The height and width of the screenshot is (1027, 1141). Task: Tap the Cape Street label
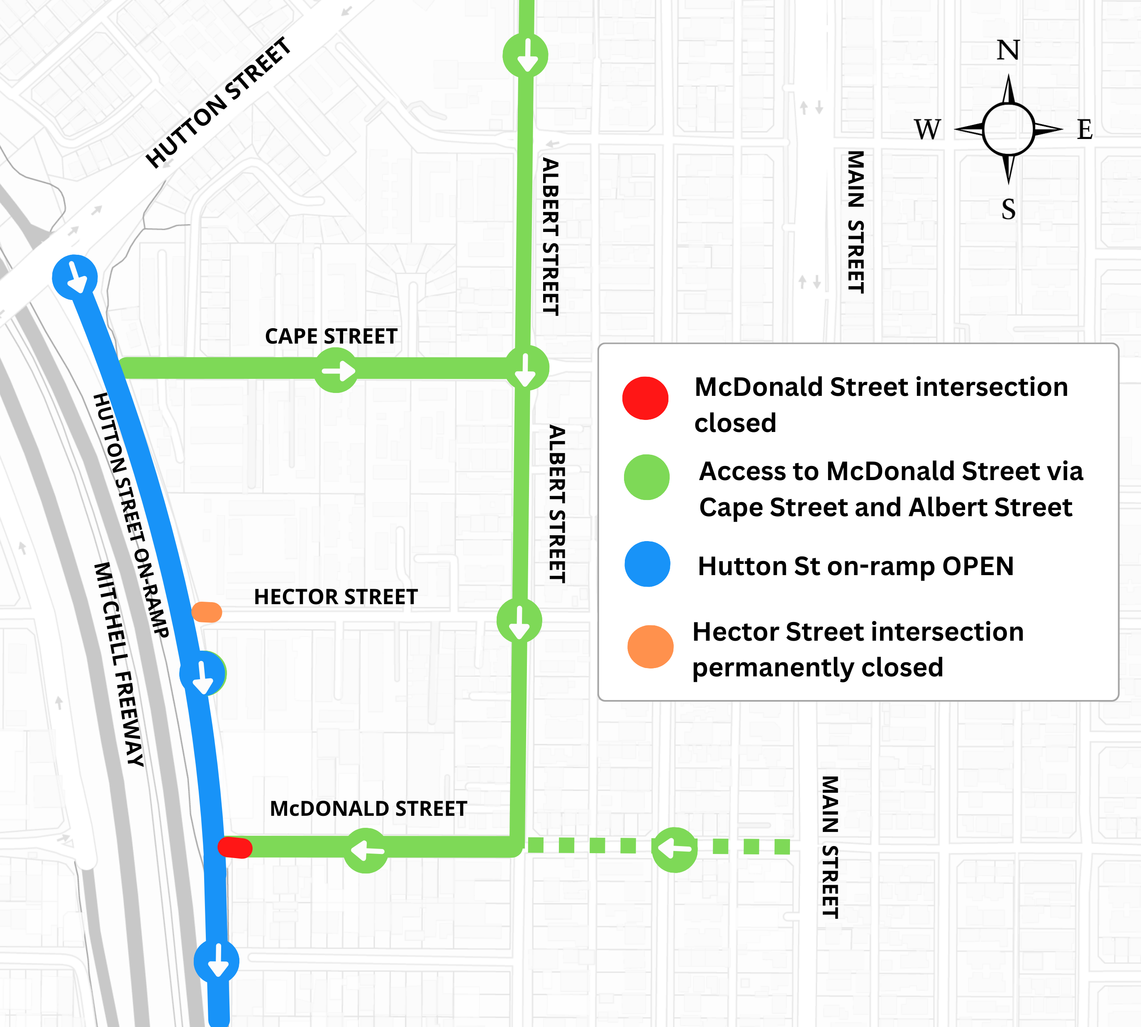click(331, 336)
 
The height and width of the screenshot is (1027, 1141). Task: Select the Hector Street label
click(336, 597)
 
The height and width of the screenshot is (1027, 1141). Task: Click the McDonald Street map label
click(368, 809)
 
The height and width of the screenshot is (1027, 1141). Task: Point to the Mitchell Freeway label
click(119, 664)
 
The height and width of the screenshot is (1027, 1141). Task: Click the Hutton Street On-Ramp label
click(131, 515)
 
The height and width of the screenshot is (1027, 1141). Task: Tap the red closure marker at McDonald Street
click(235, 848)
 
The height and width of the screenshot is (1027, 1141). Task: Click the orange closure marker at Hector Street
click(207, 612)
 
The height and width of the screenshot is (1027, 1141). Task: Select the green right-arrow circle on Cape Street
click(336, 371)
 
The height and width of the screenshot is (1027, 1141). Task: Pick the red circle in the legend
click(645, 398)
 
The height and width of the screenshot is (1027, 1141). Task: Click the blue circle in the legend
click(647, 564)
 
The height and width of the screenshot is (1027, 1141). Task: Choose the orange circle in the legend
click(650, 646)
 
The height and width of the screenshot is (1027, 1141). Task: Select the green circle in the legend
click(647, 477)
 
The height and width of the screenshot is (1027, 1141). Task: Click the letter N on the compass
click(1008, 51)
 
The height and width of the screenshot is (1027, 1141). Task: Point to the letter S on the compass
click(1008, 210)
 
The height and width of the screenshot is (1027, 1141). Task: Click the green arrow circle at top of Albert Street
click(525, 55)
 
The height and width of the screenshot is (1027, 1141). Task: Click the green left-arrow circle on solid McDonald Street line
click(366, 850)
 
